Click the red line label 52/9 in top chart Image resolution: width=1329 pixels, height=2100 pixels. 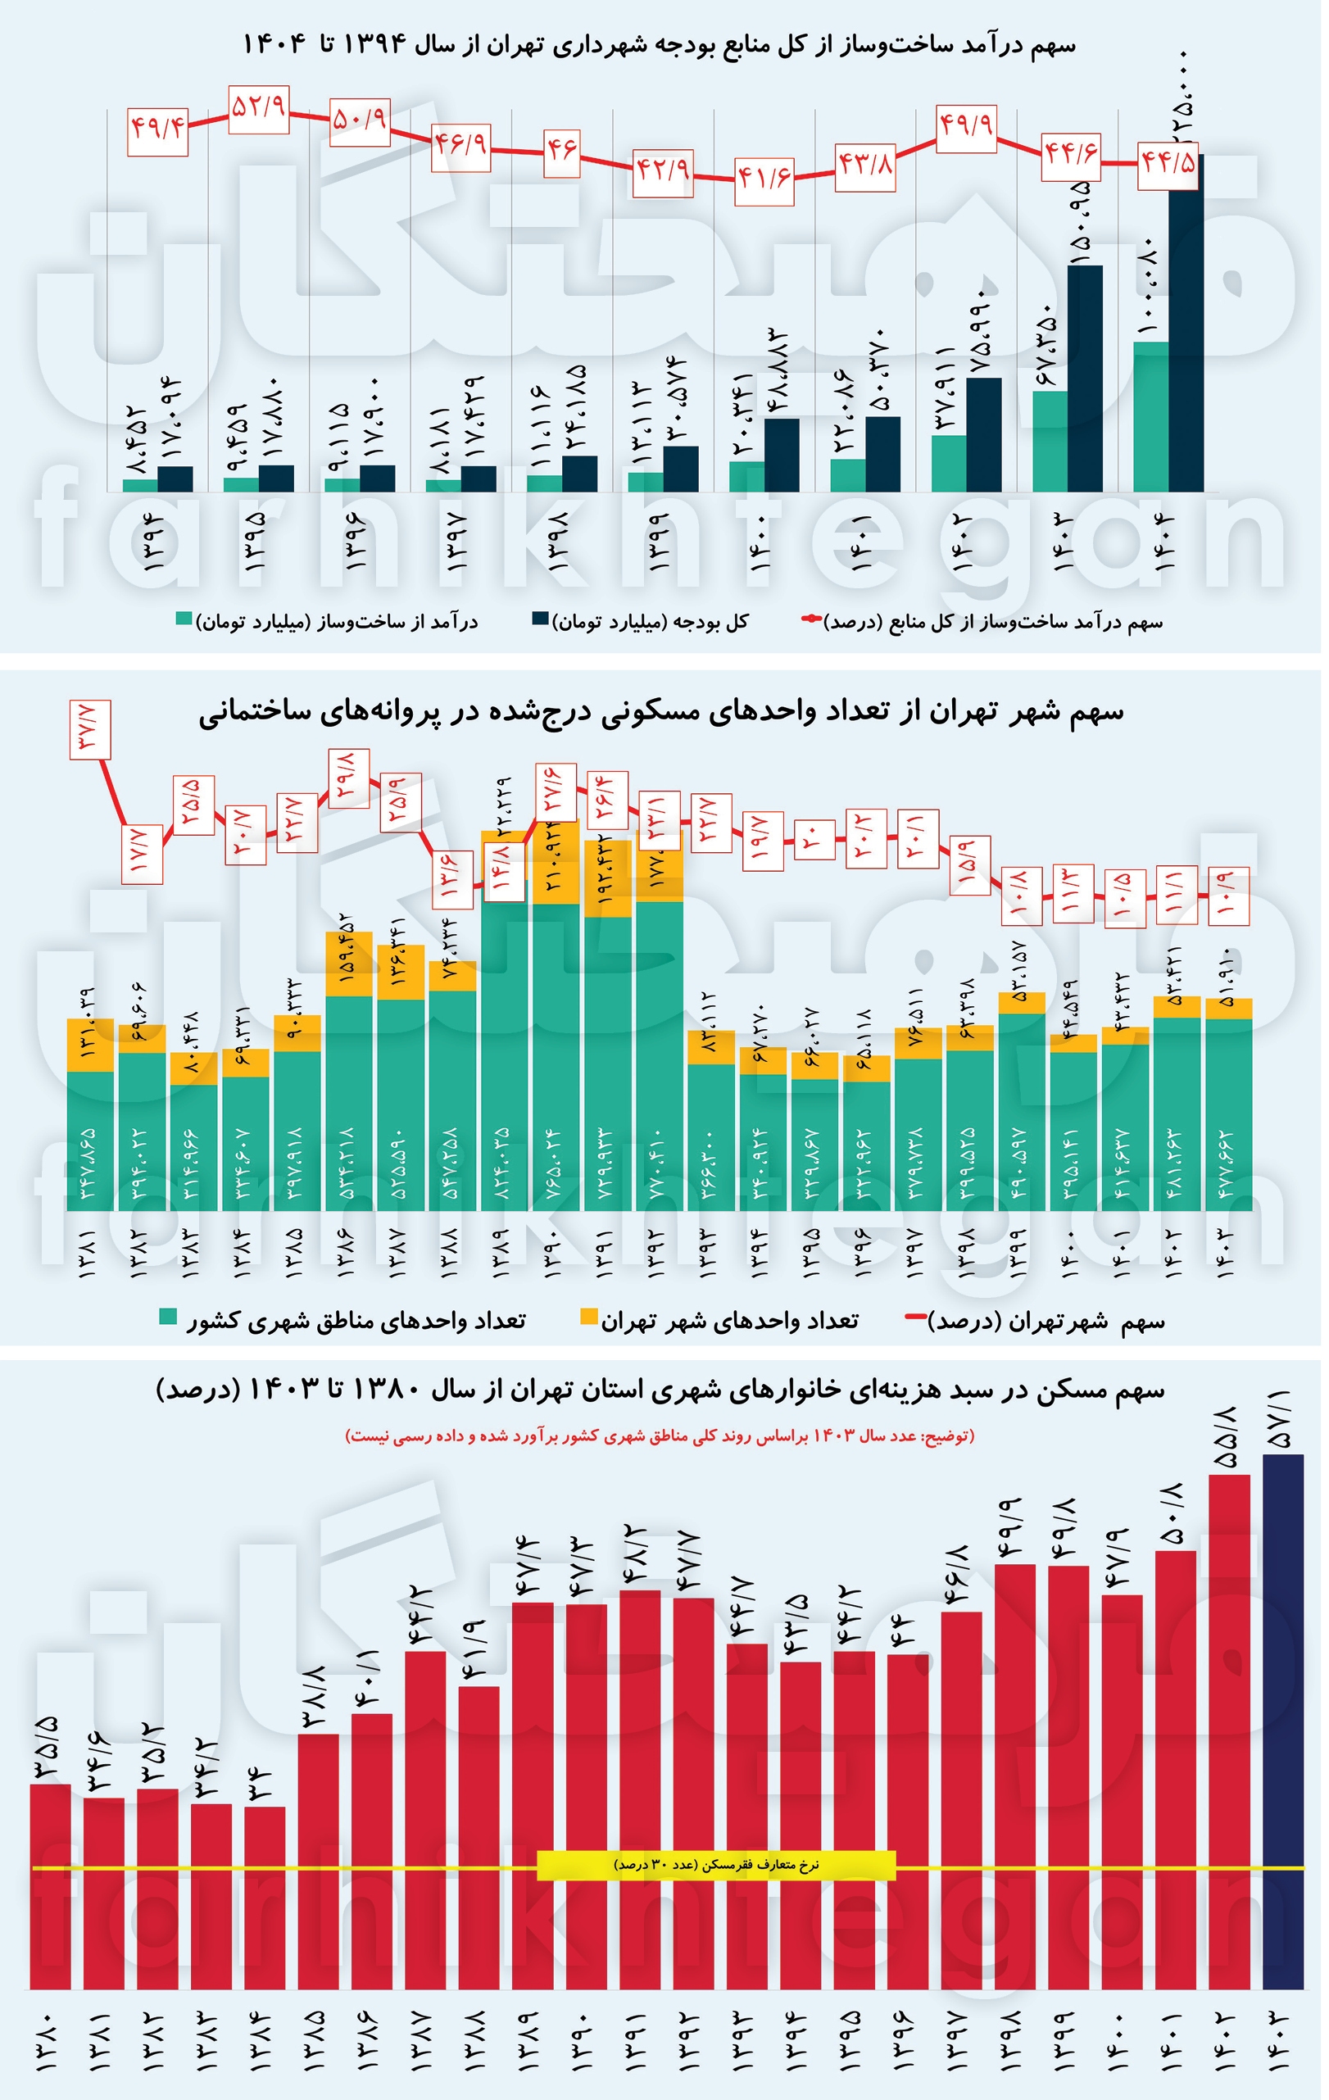click(x=259, y=109)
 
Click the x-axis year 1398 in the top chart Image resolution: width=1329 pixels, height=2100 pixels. click(x=561, y=542)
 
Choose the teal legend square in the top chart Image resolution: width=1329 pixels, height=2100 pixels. click(x=184, y=619)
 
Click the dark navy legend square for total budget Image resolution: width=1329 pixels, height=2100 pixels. click(x=541, y=619)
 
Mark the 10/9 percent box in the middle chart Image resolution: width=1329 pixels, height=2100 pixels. click(x=1228, y=896)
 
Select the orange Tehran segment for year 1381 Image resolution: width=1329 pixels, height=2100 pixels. click(x=91, y=1044)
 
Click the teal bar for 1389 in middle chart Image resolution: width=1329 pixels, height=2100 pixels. click(x=505, y=1046)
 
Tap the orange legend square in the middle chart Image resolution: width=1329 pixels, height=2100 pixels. click(x=589, y=1318)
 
